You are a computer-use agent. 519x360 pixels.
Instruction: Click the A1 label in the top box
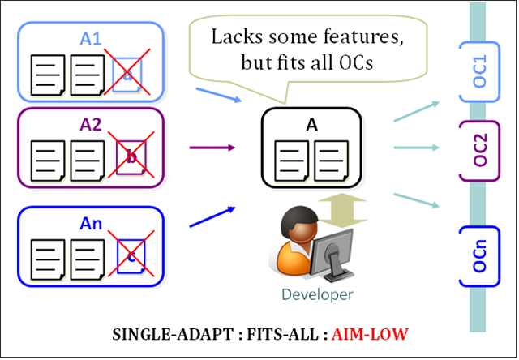coord(90,39)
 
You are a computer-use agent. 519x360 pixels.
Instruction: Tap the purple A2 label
coord(91,124)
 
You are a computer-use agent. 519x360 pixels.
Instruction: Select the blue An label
coord(91,223)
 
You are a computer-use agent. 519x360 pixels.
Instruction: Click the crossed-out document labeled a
coord(127,75)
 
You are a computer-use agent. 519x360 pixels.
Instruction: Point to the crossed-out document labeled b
coord(131,157)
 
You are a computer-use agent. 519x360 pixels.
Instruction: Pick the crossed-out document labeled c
coord(131,256)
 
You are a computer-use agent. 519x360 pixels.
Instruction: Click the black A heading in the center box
coord(311,125)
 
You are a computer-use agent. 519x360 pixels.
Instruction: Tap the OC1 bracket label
coord(479,71)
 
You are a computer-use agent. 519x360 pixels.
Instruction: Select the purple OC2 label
coord(480,149)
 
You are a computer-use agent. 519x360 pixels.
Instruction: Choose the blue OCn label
coord(480,255)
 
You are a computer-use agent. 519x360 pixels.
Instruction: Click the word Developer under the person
coord(317,294)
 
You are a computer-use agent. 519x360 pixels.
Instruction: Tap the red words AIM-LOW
coord(370,334)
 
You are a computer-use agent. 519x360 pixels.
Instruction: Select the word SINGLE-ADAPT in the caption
coord(173,334)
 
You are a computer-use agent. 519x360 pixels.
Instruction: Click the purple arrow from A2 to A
coord(212,148)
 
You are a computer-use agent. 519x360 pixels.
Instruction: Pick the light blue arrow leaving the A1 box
coord(219,95)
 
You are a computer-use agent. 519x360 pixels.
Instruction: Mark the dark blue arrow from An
coord(212,216)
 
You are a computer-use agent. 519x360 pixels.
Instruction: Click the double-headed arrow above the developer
coord(342,211)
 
